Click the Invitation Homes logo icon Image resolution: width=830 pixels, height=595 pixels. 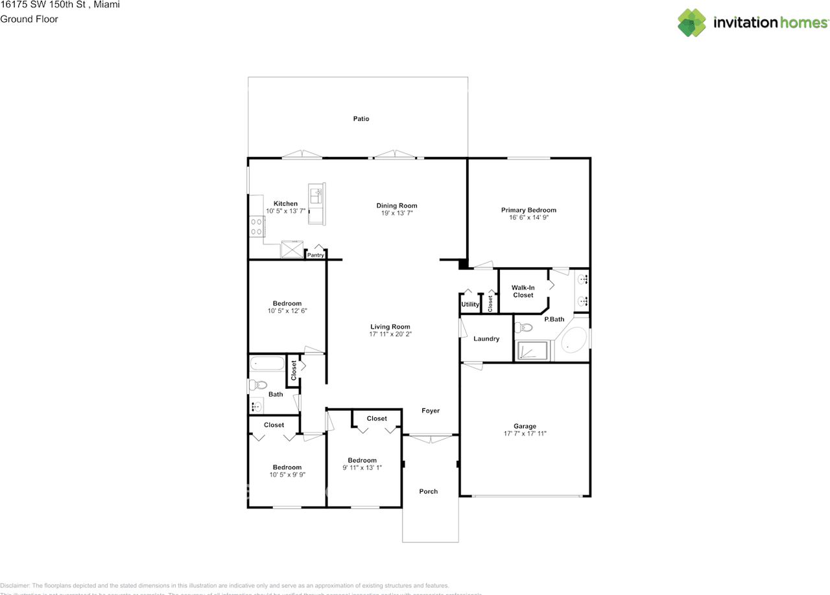(692, 22)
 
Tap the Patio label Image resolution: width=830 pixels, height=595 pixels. (361, 119)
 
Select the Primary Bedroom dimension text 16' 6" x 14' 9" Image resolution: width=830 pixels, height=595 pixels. (528, 218)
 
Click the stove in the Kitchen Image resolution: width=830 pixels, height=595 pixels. (256, 226)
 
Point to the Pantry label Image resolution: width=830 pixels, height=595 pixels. (316, 255)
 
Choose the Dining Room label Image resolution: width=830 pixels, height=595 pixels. (397, 205)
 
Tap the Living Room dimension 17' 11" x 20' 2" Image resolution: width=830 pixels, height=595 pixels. (390, 334)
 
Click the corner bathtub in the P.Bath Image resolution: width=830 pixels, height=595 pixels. (573, 342)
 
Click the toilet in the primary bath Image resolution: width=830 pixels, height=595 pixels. (525, 328)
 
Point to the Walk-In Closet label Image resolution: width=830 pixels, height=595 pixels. (523, 291)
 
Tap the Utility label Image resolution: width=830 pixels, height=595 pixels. (470, 305)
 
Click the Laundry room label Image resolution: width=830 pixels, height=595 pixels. (486, 339)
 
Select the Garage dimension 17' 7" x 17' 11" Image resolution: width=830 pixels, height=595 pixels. (525, 434)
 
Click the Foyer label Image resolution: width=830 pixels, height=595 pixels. (431, 410)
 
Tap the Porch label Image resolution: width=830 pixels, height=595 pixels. (429, 491)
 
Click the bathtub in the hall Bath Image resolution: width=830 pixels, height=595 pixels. (267, 363)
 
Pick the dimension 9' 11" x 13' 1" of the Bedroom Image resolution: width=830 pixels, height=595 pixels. (362, 467)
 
